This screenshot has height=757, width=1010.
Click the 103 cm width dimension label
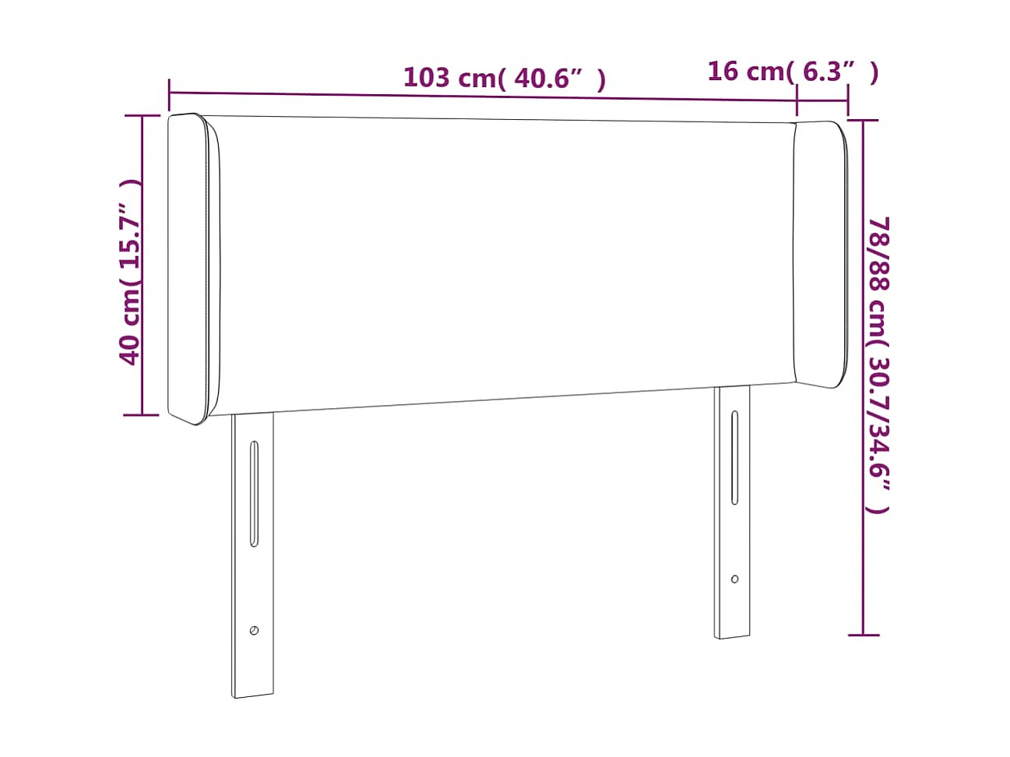click(x=504, y=78)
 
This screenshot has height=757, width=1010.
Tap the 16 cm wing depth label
click(x=792, y=72)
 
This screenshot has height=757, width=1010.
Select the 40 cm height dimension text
click(x=130, y=272)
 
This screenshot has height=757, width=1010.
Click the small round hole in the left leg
click(x=254, y=630)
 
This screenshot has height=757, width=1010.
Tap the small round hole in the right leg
click(x=734, y=579)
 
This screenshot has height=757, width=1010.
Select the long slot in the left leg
click(x=253, y=494)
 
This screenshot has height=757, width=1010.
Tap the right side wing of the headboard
click(x=822, y=253)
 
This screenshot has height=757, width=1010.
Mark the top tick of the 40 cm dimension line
click(x=142, y=116)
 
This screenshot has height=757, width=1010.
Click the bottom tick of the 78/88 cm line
click(x=863, y=635)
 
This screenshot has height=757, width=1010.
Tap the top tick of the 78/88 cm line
click(x=863, y=121)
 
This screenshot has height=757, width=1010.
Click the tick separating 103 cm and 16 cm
click(x=797, y=100)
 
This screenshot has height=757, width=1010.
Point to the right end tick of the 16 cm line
click(x=848, y=100)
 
